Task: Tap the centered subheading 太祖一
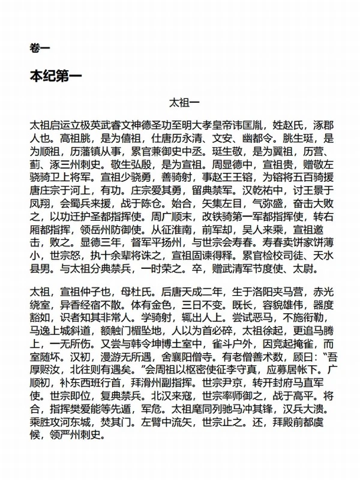pyautogui.click(x=180, y=102)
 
